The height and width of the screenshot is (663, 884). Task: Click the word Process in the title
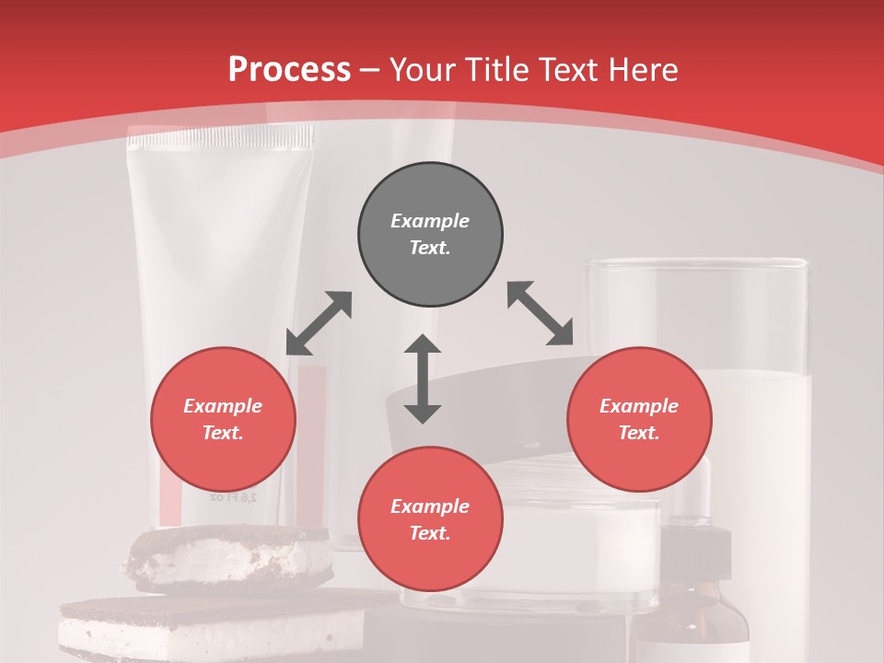point(289,70)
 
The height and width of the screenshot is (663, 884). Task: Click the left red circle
point(223,419)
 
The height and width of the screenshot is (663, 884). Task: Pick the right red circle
point(639,419)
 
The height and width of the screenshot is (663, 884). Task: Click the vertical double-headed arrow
point(423,378)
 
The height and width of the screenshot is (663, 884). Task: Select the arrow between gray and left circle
point(319,323)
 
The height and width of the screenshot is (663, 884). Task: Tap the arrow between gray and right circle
point(540,313)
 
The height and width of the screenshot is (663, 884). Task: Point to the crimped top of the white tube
point(219,140)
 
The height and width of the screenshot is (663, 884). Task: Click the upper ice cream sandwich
point(230,556)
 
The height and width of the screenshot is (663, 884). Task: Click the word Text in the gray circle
point(430,248)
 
